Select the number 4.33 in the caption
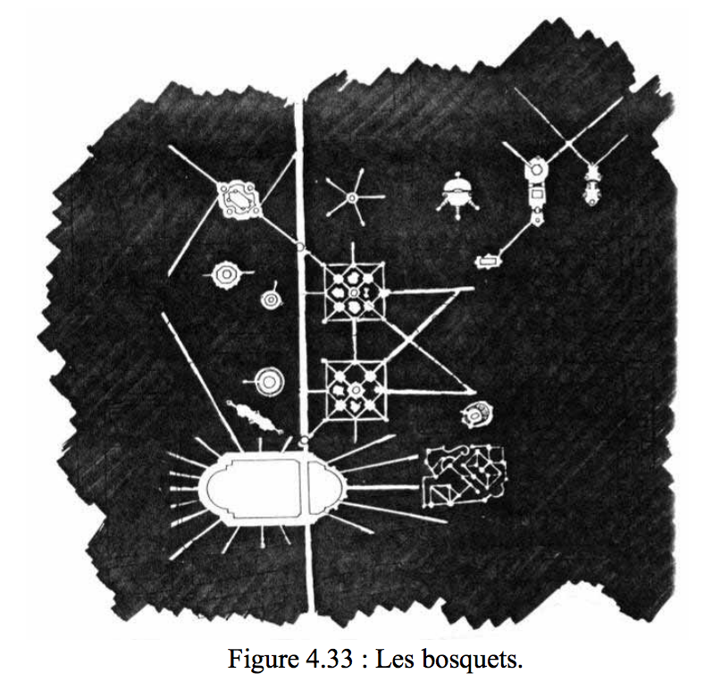[x=329, y=659]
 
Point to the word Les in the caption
[x=394, y=659]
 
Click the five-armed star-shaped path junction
[x=353, y=198]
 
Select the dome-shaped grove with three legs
[x=457, y=194]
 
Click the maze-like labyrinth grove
[x=465, y=476]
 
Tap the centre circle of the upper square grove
[x=355, y=293]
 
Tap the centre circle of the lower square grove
[x=356, y=390]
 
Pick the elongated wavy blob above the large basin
[x=254, y=417]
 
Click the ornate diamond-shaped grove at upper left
[x=238, y=199]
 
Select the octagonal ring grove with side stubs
[x=226, y=274]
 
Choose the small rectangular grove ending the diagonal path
[x=488, y=260]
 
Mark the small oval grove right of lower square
[x=476, y=414]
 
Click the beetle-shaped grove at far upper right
[x=592, y=184]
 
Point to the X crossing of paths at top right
[x=568, y=144]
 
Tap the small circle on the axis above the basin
[x=305, y=440]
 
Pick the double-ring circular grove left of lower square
[x=269, y=382]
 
